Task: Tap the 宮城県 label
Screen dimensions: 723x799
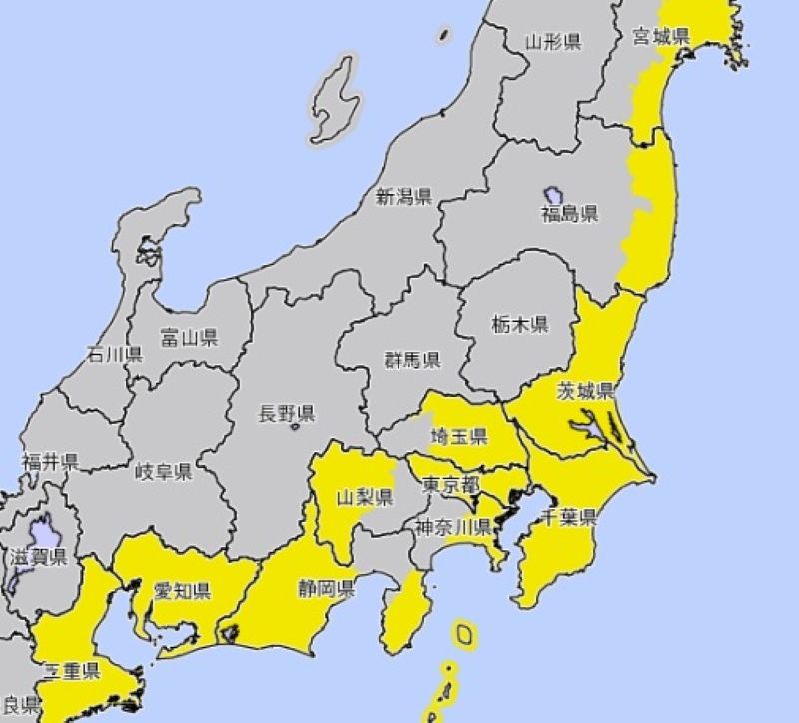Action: (x=662, y=38)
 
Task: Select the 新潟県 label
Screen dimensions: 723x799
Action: (x=403, y=197)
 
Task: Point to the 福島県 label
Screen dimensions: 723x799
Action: (x=569, y=214)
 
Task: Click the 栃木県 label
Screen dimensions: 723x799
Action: (x=519, y=324)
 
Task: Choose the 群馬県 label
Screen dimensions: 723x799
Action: (x=412, y=361)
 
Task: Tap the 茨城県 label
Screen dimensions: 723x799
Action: (x=585, y=389)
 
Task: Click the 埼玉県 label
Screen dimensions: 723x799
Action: (x=459, y=436)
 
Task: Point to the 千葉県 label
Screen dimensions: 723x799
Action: (x=568, y=518)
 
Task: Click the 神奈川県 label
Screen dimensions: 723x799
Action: (x=455, y=527)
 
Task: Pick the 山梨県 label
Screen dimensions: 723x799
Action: (x=364, y=497)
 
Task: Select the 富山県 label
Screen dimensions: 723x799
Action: (x=189, y=337)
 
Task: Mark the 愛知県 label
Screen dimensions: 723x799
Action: (x=181, y=591)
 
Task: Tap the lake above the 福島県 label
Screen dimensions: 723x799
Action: (x=555, y=192)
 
